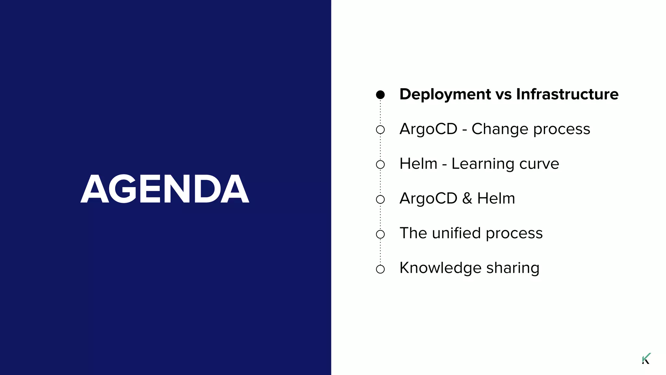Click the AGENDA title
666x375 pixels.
165,189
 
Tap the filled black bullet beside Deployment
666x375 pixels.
380,95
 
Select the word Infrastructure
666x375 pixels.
567,94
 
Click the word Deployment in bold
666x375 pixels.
445,95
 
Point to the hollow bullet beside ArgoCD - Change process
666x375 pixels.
380,130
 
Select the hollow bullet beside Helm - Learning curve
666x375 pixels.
380,164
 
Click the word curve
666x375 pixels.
539,164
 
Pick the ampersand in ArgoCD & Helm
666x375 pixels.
467,199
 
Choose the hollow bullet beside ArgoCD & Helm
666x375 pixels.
380,199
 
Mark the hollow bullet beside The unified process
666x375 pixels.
380,234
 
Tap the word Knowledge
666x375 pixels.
440,268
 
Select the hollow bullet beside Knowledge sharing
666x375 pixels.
380,269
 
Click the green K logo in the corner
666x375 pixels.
646,358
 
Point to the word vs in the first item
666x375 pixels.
503,95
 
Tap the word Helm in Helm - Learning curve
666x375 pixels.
418,164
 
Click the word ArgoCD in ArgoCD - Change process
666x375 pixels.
428,129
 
